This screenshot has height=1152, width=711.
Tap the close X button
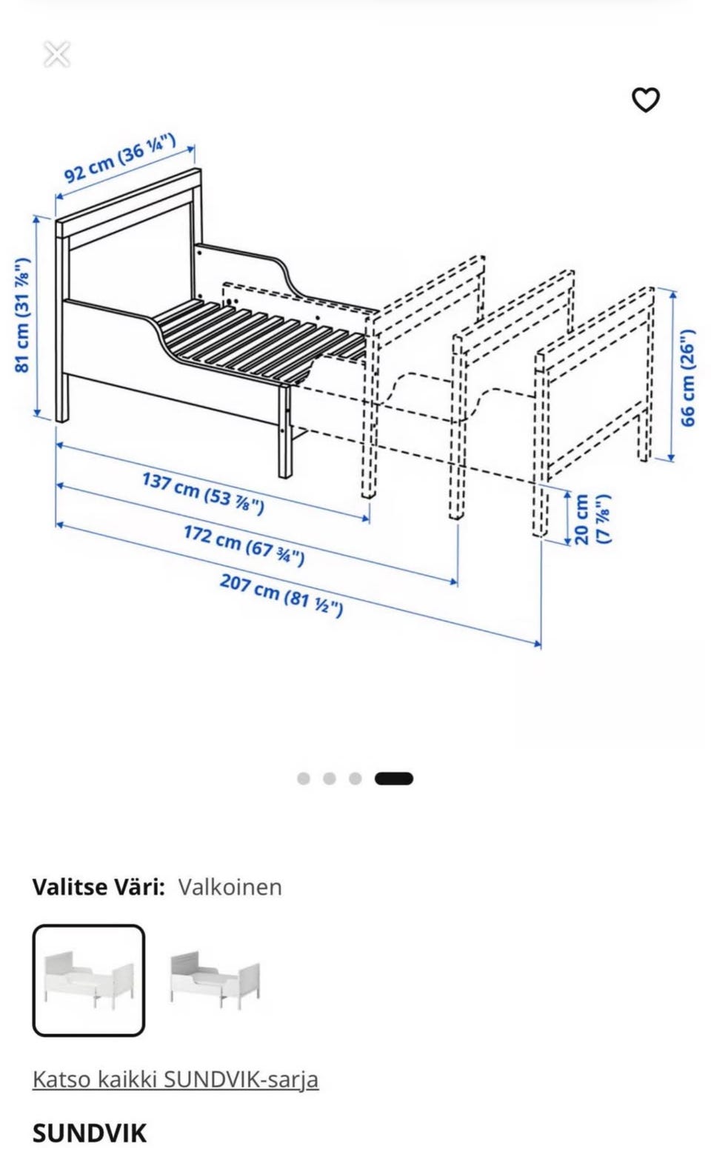click(56, 55)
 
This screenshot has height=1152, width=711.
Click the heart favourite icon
click(645, 100)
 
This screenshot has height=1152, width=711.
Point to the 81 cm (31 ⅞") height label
click(22, 314)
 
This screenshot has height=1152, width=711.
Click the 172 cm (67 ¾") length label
click(244, 545)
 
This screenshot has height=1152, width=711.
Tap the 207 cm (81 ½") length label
click(281, 594)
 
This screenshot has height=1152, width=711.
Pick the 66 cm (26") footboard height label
click(687, 378)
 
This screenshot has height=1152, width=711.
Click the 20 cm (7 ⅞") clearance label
click(591, 519)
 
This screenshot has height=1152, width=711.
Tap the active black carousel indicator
click(394, 779)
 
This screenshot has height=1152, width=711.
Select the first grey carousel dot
click(304, 779)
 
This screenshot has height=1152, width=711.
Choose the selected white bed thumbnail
click(89, 980)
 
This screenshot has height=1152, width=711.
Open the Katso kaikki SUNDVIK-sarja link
click(176, 1079)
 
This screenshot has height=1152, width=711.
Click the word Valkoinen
click(230, 887)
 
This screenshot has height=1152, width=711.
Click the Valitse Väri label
click(99, 887)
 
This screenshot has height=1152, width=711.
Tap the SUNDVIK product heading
click(90, 1133)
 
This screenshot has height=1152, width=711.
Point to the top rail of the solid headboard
click(128, 202)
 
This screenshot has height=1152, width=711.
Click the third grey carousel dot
click(355, 779)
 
